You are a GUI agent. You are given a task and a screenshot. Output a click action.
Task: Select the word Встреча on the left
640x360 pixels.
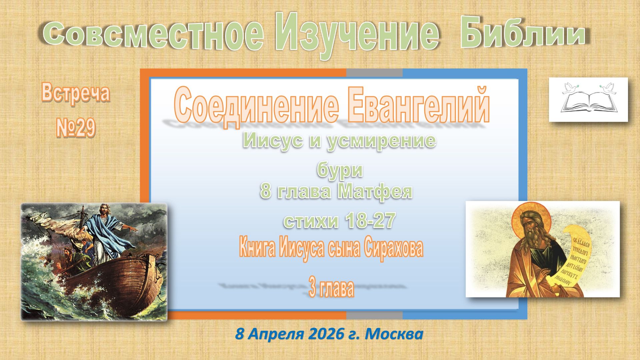pos(76,93)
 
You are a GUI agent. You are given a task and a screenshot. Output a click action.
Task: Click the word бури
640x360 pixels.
pos(340,170)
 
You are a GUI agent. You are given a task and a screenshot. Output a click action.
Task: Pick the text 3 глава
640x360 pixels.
pos(331,289)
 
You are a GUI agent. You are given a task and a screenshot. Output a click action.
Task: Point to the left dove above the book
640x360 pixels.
pos(569,88)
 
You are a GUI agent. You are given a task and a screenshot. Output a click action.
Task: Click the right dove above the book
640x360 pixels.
pos(608,87)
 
